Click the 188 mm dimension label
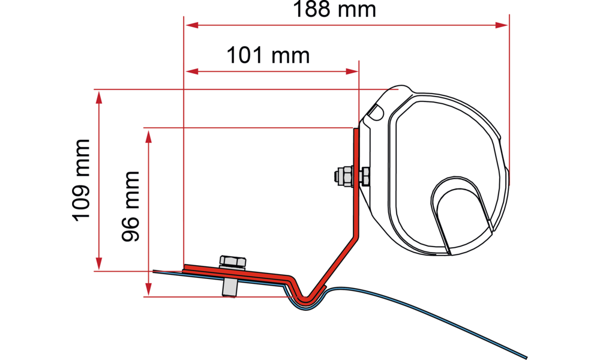coord(334,10)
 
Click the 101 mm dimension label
coord(268,57)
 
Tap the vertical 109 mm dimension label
coord(82,179)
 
